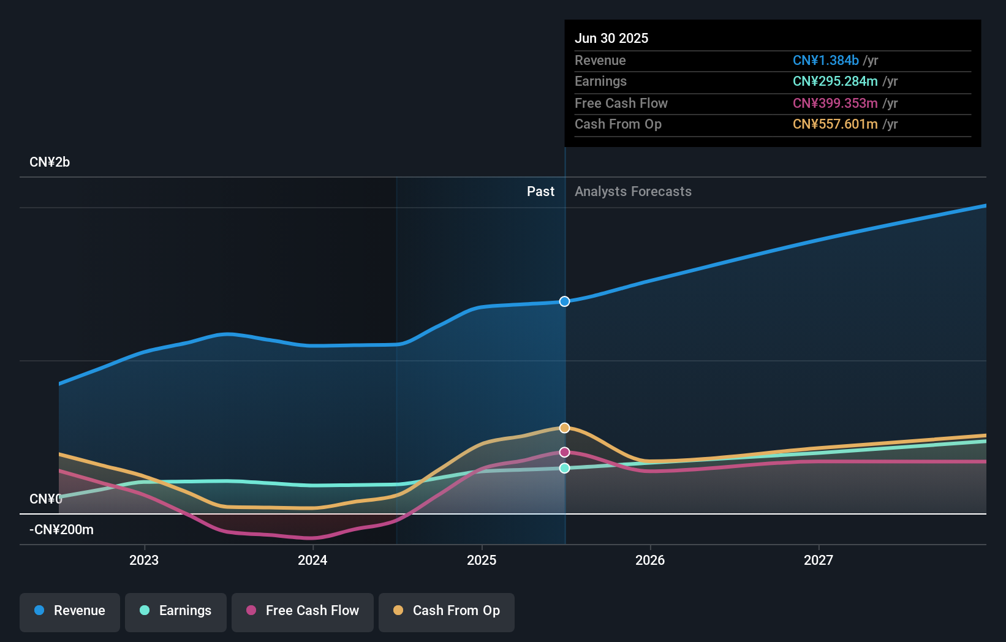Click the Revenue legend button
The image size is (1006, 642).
pos(70,611)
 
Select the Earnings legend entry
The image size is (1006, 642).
pos(176,611)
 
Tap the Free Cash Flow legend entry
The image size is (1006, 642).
pos(303,611)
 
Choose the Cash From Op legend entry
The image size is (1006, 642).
pos(447,611)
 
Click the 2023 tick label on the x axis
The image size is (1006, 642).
pos(144,560)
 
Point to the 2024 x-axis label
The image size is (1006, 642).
pos(312,560)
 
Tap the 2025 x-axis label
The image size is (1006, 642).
pos(482,560)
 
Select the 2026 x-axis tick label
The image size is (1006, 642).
pos(650,560)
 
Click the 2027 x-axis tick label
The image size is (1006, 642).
pos(819,560)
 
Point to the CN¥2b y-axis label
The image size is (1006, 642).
pos(50,162)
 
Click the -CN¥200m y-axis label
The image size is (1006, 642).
pos(61,530)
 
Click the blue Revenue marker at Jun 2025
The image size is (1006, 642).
pos(564,301)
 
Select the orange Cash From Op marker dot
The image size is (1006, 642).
pos(564,428)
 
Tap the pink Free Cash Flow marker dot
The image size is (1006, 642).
pos(564,452)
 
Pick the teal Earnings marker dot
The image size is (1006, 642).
pos(564,468)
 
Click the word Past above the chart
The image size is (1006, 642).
pos(540,192)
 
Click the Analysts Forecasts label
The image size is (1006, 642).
pos(633,192)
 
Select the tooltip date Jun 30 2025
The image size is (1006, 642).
pos(611,38)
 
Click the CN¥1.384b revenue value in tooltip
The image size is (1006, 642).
pos(825,60)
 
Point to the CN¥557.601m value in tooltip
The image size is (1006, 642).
pos(835,124)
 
